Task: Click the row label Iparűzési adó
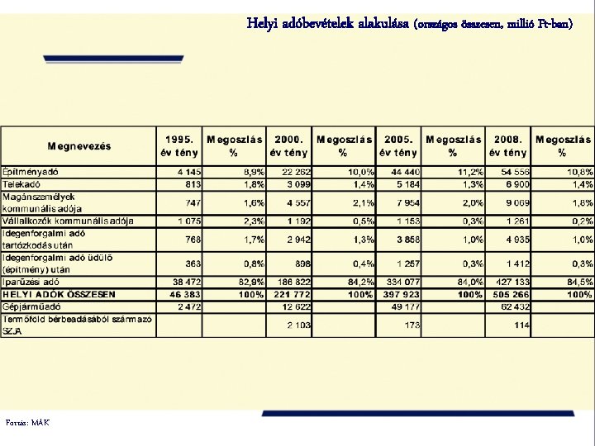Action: (x=31, y=282)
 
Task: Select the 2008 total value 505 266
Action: (x=512, y=294)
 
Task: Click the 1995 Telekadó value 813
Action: (x=192, y=183)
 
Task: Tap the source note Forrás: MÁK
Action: (x=26, y=423)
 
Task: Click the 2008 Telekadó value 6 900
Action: (x=516, y=183)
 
